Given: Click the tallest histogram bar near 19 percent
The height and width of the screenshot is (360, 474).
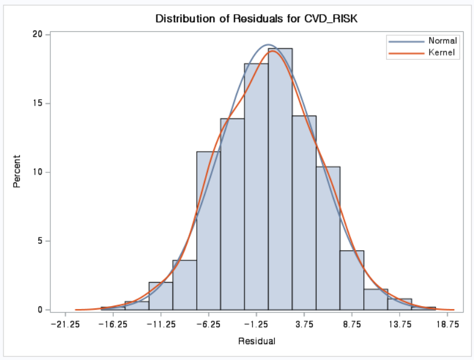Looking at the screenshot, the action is coord(280,179).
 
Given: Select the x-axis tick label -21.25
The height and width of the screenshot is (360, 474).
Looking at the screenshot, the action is coord(65,325).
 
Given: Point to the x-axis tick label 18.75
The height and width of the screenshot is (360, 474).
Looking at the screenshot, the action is coord(448,325).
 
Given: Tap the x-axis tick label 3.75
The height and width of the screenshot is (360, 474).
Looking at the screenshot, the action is coord(305,325).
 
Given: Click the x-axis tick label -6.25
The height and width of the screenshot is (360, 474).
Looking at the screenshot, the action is coord(209,325).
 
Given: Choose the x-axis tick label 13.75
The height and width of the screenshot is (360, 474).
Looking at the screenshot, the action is coord(400,325).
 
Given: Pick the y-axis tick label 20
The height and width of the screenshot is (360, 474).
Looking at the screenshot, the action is coord(37,34).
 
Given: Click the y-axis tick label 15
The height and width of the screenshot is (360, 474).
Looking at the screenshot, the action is coord(37,103).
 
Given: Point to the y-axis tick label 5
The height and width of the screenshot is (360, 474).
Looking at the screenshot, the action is coord(40,241).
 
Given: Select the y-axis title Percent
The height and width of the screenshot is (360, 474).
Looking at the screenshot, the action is coord(17,171).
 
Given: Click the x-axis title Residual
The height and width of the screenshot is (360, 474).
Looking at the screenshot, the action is coord(257,341).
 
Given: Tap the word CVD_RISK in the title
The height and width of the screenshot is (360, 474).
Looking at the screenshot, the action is coord(330,19).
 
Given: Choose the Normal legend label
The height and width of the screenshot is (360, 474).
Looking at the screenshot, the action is coord(442,40).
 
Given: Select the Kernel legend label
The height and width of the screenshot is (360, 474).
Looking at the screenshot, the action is coord(442,53).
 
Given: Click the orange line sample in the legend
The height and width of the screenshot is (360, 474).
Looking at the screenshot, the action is coord(407,53).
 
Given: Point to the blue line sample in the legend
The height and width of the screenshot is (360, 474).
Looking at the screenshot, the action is coord(407,42).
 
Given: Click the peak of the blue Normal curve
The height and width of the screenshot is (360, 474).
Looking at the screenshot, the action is coord(268,45).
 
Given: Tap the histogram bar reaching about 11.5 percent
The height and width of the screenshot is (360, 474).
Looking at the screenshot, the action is coord(209,230).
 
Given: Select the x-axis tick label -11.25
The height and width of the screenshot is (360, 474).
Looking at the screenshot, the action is coord(161,325).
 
